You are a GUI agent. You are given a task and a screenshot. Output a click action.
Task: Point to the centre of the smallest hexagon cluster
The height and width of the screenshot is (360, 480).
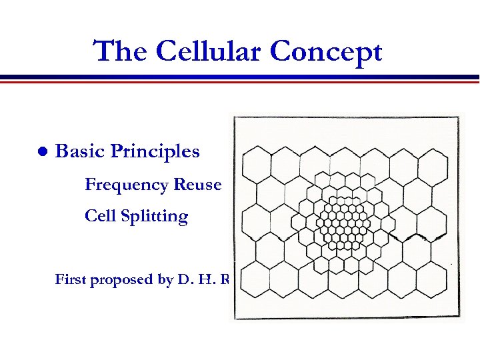(x=344, y=221)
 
